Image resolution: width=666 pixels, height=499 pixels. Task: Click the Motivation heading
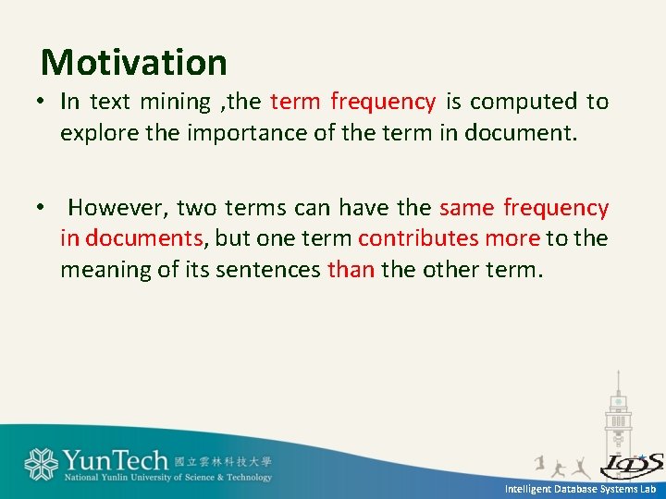click(x=134, y=63)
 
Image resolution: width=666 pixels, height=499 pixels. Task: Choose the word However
click(x=117, y=208)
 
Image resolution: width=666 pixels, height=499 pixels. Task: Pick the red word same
click(x=467, y=208)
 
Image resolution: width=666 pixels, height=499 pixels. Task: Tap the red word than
click(x=351, y=270)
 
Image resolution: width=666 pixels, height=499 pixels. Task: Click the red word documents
click(x=143, y=238)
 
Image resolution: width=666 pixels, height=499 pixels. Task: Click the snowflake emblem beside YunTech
click(x=42, y=463)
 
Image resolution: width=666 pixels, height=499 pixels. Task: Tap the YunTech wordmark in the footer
click(x=116, y=459)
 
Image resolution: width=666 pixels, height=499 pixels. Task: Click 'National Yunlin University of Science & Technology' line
click(x=167, y=478)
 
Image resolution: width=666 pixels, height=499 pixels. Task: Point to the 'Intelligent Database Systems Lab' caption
click(x=580, y=489)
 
